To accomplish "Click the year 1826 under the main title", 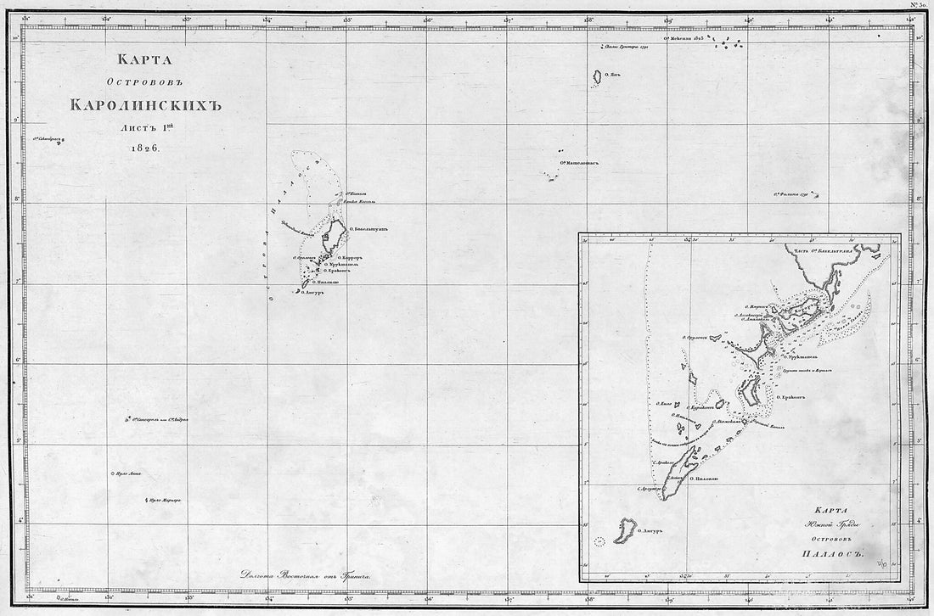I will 146,147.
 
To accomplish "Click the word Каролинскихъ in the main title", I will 145,106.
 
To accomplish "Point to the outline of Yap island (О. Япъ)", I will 597,77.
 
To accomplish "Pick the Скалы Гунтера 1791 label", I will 626,48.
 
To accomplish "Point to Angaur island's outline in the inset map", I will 627,530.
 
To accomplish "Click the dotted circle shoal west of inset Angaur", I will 601,540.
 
